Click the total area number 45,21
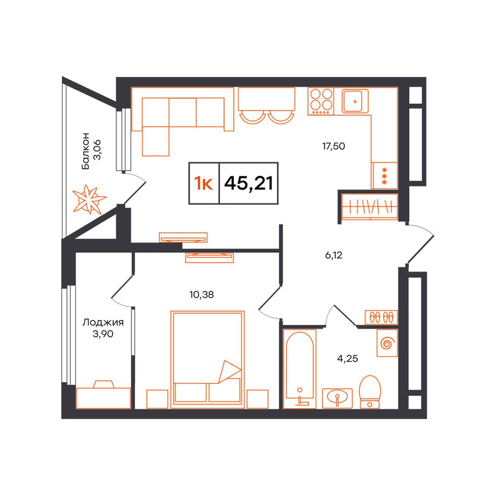[x=249, y=183]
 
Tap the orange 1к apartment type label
[x=204, y=183]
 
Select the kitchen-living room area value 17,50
[x=334, y=146]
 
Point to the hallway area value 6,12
[x=334, y=255]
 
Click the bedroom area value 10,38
[x=202, y=295]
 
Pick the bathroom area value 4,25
[x=347, y=358]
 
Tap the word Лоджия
[x=103, y=323]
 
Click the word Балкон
[x=86, y=151]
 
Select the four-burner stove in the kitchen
[x=321, y=101]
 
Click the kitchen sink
[x=355, y=101]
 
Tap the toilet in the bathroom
[x=370, y=392]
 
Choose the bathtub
[x=300, y=369]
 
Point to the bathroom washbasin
[x=337, y=398]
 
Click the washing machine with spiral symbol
[x=387, y=343]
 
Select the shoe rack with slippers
[x=381, y=317]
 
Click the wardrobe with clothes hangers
[x=370, y=207]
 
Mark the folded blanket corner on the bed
[x=229, y=372]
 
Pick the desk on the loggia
[x=103, y=395]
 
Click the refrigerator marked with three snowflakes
[x=385, y=175]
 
